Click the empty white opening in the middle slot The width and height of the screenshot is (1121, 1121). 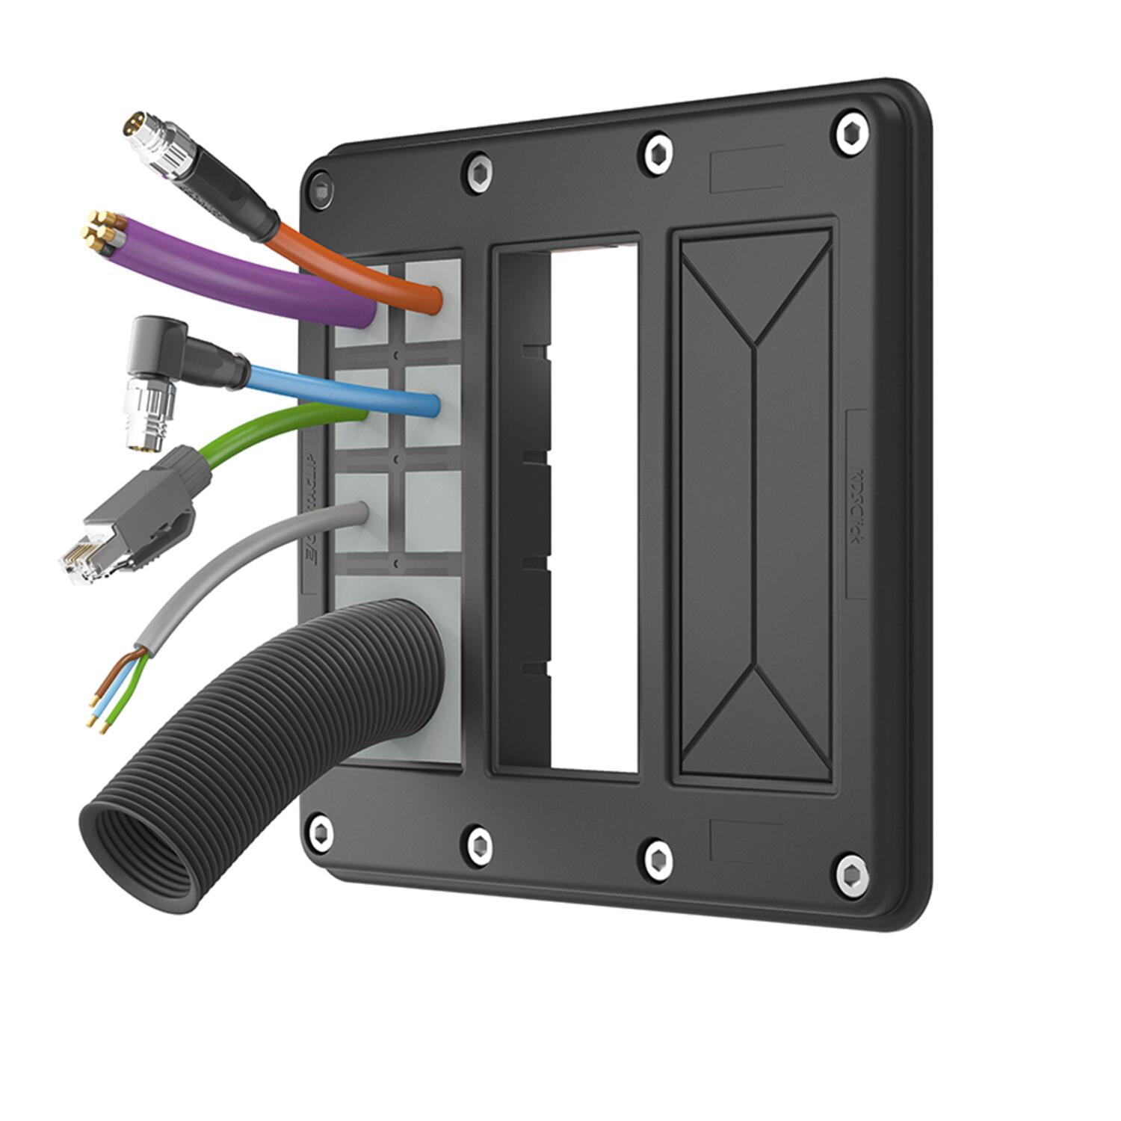coord(594,508)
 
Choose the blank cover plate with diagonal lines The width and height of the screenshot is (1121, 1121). coord(755,508)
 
